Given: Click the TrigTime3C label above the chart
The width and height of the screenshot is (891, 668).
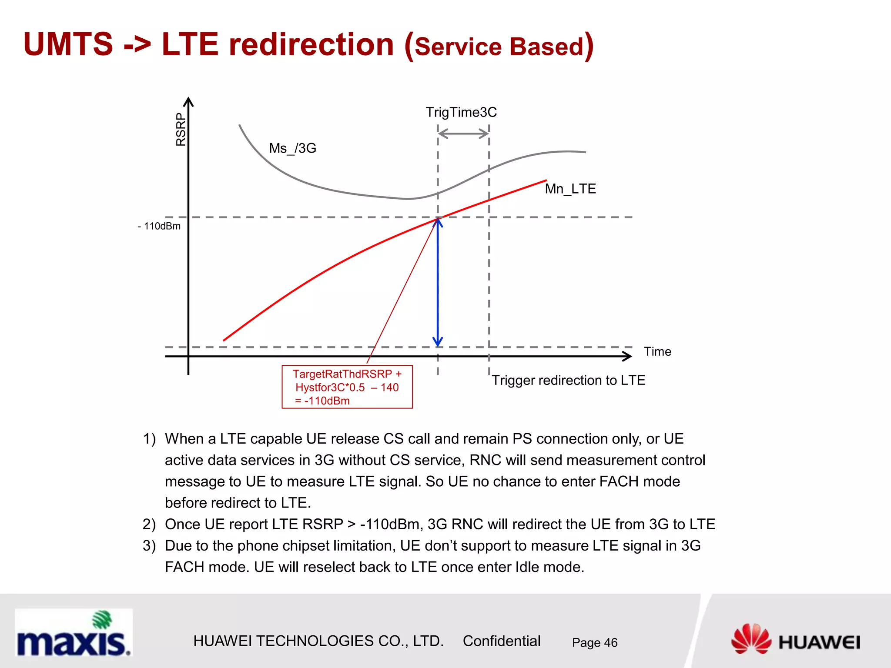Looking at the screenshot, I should [461, 112].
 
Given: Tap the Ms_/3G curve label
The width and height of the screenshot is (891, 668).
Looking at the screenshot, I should [292, 148].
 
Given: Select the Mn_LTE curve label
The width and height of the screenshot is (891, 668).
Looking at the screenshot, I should [570, 189].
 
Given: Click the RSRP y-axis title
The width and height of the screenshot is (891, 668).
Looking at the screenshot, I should [181, 129].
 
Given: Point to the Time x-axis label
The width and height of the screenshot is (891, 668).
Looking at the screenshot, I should [657, 351].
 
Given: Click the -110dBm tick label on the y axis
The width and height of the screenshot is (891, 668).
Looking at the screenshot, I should [159, 226].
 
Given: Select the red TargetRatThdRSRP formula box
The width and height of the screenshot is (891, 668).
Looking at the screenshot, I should [347, 387].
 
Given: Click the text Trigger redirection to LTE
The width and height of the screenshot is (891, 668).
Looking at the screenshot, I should [568, 381].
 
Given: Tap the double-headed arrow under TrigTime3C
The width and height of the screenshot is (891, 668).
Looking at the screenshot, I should [463, 134].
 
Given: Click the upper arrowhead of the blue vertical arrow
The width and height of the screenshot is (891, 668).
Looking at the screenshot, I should [438, 223].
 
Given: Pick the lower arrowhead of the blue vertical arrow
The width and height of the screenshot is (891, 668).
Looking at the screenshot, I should [438, 341].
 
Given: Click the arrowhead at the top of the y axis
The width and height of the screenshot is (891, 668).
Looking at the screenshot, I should [188, 102].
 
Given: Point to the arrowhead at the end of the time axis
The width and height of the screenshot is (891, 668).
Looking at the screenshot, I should [627, 357].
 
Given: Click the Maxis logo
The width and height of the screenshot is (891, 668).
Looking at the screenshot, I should [74, 633].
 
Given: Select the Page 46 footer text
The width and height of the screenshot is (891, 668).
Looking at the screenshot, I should [594, 643].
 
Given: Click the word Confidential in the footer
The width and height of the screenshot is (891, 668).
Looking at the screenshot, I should [501, 641].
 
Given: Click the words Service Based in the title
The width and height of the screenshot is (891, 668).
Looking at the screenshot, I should [499, 47].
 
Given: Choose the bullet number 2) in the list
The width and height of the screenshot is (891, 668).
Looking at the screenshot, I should [149, 524].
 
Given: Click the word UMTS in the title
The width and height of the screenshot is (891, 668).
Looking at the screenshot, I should [68, 44].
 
